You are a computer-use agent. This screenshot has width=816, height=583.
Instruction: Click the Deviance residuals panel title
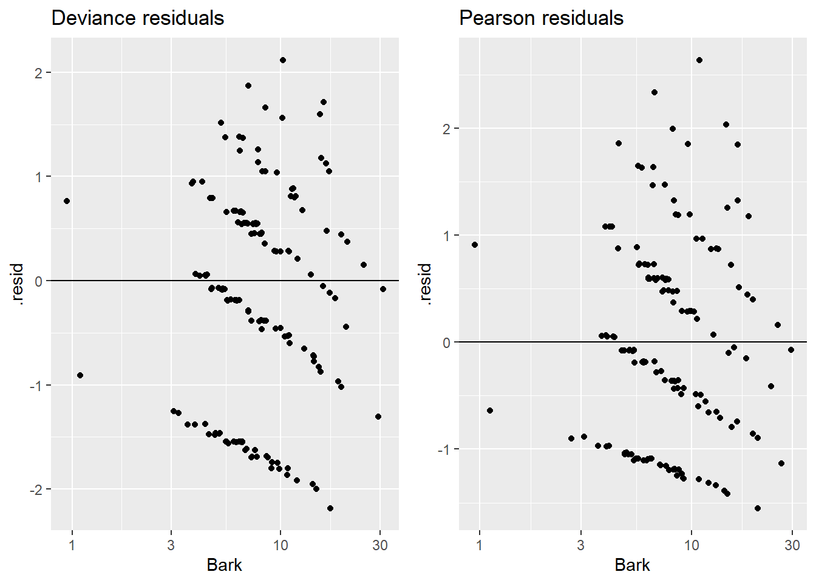(x=138, y=18)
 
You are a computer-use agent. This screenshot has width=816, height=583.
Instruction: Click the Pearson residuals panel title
(x=541, y=18)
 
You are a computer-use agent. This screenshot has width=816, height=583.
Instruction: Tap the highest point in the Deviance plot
(x=282, y=60)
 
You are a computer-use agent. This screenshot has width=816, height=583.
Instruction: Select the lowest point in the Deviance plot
(x=330, y=508)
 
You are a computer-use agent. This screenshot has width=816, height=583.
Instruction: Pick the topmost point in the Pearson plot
(x=699, y=60)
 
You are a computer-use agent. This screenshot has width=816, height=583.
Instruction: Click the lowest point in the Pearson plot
(x=758, y=508)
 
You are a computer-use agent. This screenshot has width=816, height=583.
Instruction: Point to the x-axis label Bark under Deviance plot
(x=224, y=565)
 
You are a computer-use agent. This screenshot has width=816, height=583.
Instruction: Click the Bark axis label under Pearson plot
(x=632, y=565)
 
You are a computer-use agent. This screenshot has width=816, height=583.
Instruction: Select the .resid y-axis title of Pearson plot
(x=425, y=284)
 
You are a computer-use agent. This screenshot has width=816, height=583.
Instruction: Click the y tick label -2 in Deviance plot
(x=38, y=489)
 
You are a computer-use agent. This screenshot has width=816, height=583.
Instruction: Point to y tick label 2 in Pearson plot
(x=447, y=129)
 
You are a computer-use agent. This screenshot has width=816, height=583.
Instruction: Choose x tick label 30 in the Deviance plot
(x=380, y=545)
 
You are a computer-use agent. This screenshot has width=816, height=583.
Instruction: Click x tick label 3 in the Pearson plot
(x=580, y=545)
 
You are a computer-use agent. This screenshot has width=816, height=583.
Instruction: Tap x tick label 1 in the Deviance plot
(x=72, y=545)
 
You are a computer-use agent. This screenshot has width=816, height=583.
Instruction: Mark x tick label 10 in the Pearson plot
(x=692, y=545)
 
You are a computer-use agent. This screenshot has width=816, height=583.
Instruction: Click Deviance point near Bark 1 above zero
(x=67, y=201)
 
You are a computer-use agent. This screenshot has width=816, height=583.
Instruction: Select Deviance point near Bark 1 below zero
(x=80, y=375)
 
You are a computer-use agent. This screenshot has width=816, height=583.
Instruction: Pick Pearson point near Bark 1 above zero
(x=475, y=245)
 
